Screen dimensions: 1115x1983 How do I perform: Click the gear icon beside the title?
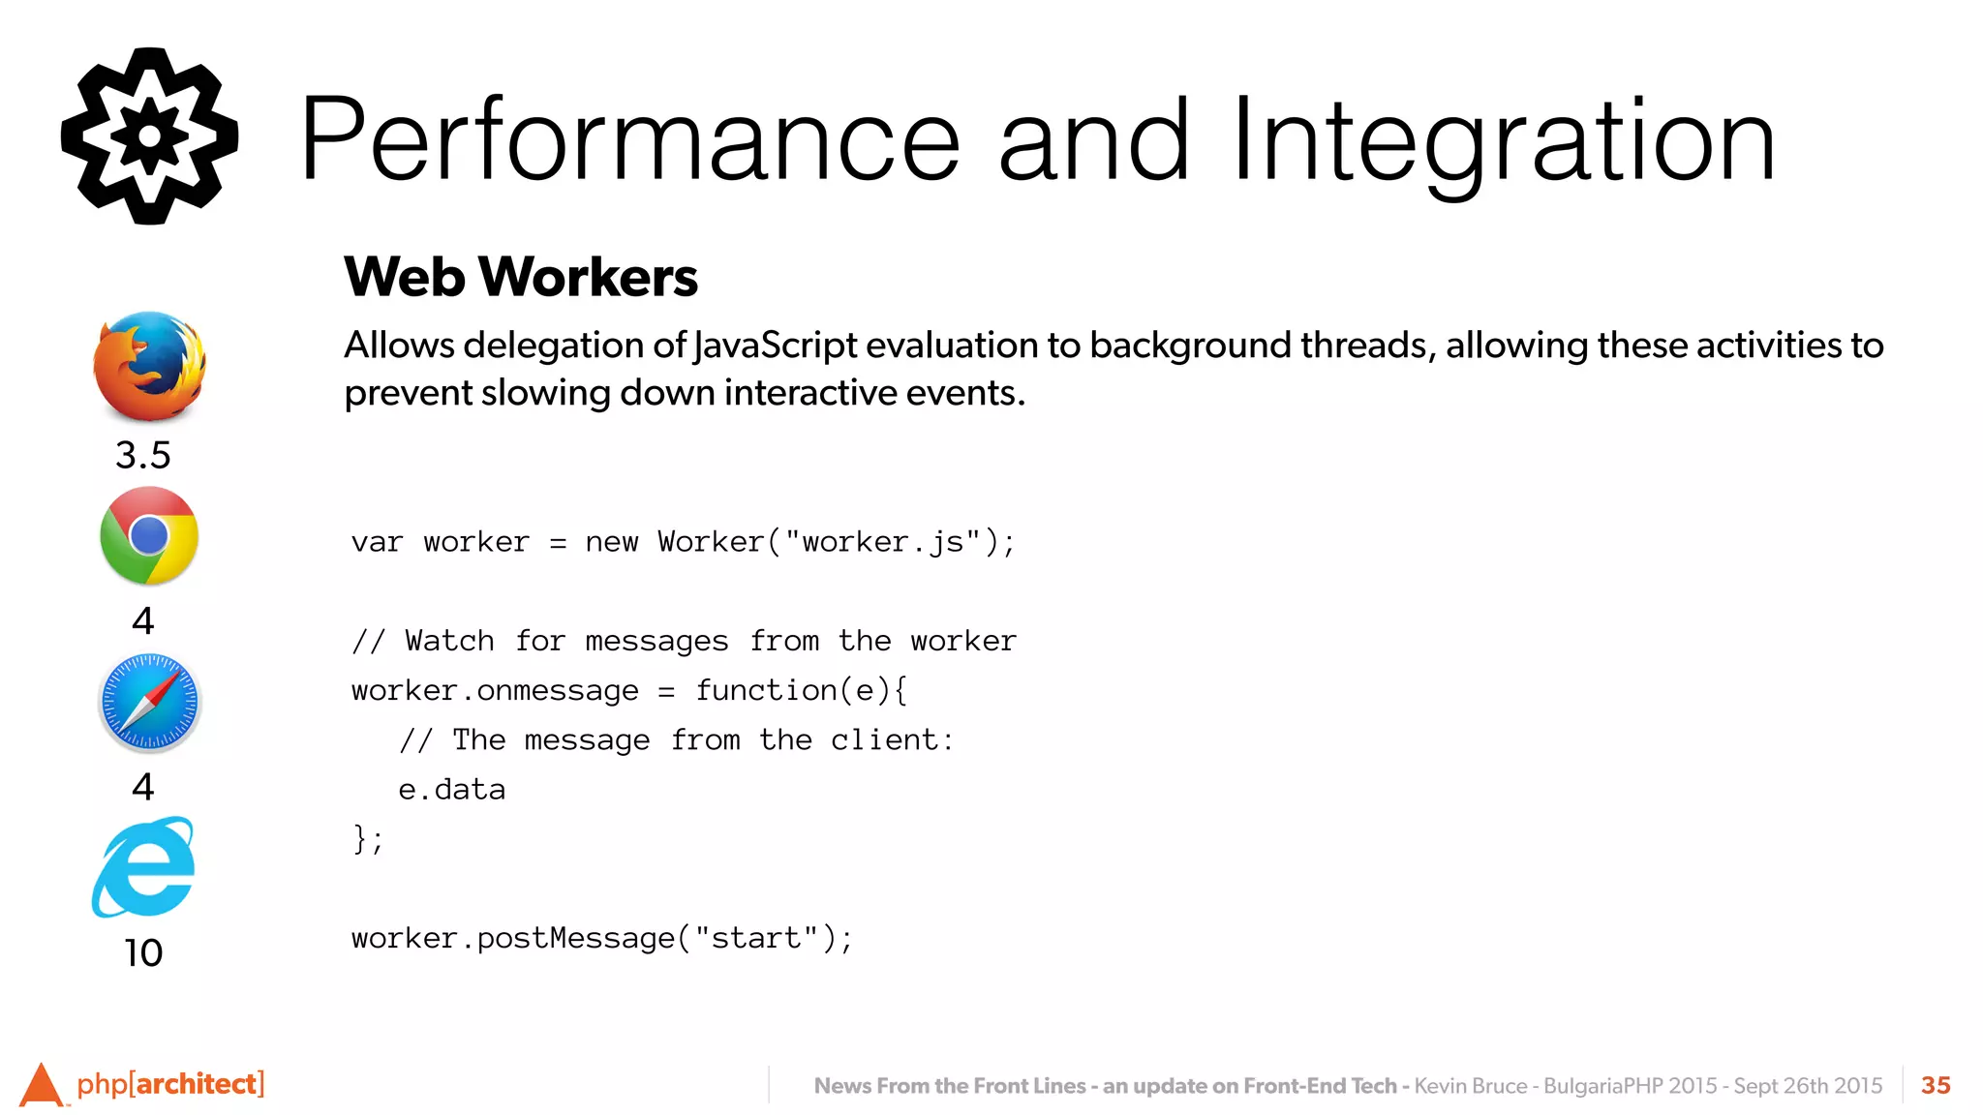149,136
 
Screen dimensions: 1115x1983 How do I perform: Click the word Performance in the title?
629,140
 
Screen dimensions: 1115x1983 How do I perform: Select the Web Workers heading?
520,277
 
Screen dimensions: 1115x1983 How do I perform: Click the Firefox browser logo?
149,367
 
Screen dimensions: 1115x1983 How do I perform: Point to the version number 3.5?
143,455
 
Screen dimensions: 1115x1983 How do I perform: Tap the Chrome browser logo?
149,536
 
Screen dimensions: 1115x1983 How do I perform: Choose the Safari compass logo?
149,703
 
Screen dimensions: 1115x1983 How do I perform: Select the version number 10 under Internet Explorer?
143,953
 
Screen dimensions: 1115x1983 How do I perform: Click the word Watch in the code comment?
449,641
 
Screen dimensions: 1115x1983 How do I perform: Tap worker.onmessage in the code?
495,691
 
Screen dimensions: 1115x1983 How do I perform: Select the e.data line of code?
451,790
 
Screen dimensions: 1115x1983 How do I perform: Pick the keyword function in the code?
766,691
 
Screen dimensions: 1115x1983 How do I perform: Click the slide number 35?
1936,1085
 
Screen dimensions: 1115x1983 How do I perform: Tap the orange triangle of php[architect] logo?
41,1085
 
